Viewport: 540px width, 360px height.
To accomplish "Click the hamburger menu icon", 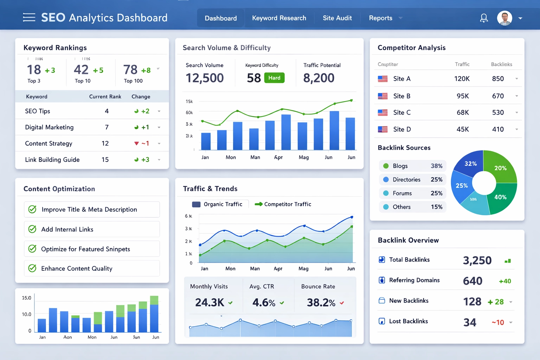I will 29,18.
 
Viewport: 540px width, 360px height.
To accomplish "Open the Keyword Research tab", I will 279,18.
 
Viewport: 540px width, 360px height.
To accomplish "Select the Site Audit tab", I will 337,18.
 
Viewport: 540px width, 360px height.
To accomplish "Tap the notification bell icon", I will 484,18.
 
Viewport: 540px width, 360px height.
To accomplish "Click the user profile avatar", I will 504,18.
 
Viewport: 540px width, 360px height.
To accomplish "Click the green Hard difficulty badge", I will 274,78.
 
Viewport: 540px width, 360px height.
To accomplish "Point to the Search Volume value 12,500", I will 205,78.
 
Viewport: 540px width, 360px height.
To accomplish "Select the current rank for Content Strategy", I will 105,143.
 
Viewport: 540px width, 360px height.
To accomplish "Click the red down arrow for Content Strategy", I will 136,143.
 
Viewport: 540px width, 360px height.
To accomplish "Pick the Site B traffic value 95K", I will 463,96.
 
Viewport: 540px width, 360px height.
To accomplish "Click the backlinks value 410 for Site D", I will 498,129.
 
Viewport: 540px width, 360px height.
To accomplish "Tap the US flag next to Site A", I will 382,79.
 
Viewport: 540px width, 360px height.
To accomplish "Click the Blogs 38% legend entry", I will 412,166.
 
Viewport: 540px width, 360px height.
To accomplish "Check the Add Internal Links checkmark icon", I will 32,229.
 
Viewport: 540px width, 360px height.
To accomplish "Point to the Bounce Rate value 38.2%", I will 321,302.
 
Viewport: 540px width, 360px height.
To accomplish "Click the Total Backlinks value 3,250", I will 477,261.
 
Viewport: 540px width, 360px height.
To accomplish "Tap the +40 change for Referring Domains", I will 505,281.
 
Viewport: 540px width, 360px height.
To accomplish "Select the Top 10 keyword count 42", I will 81,70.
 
